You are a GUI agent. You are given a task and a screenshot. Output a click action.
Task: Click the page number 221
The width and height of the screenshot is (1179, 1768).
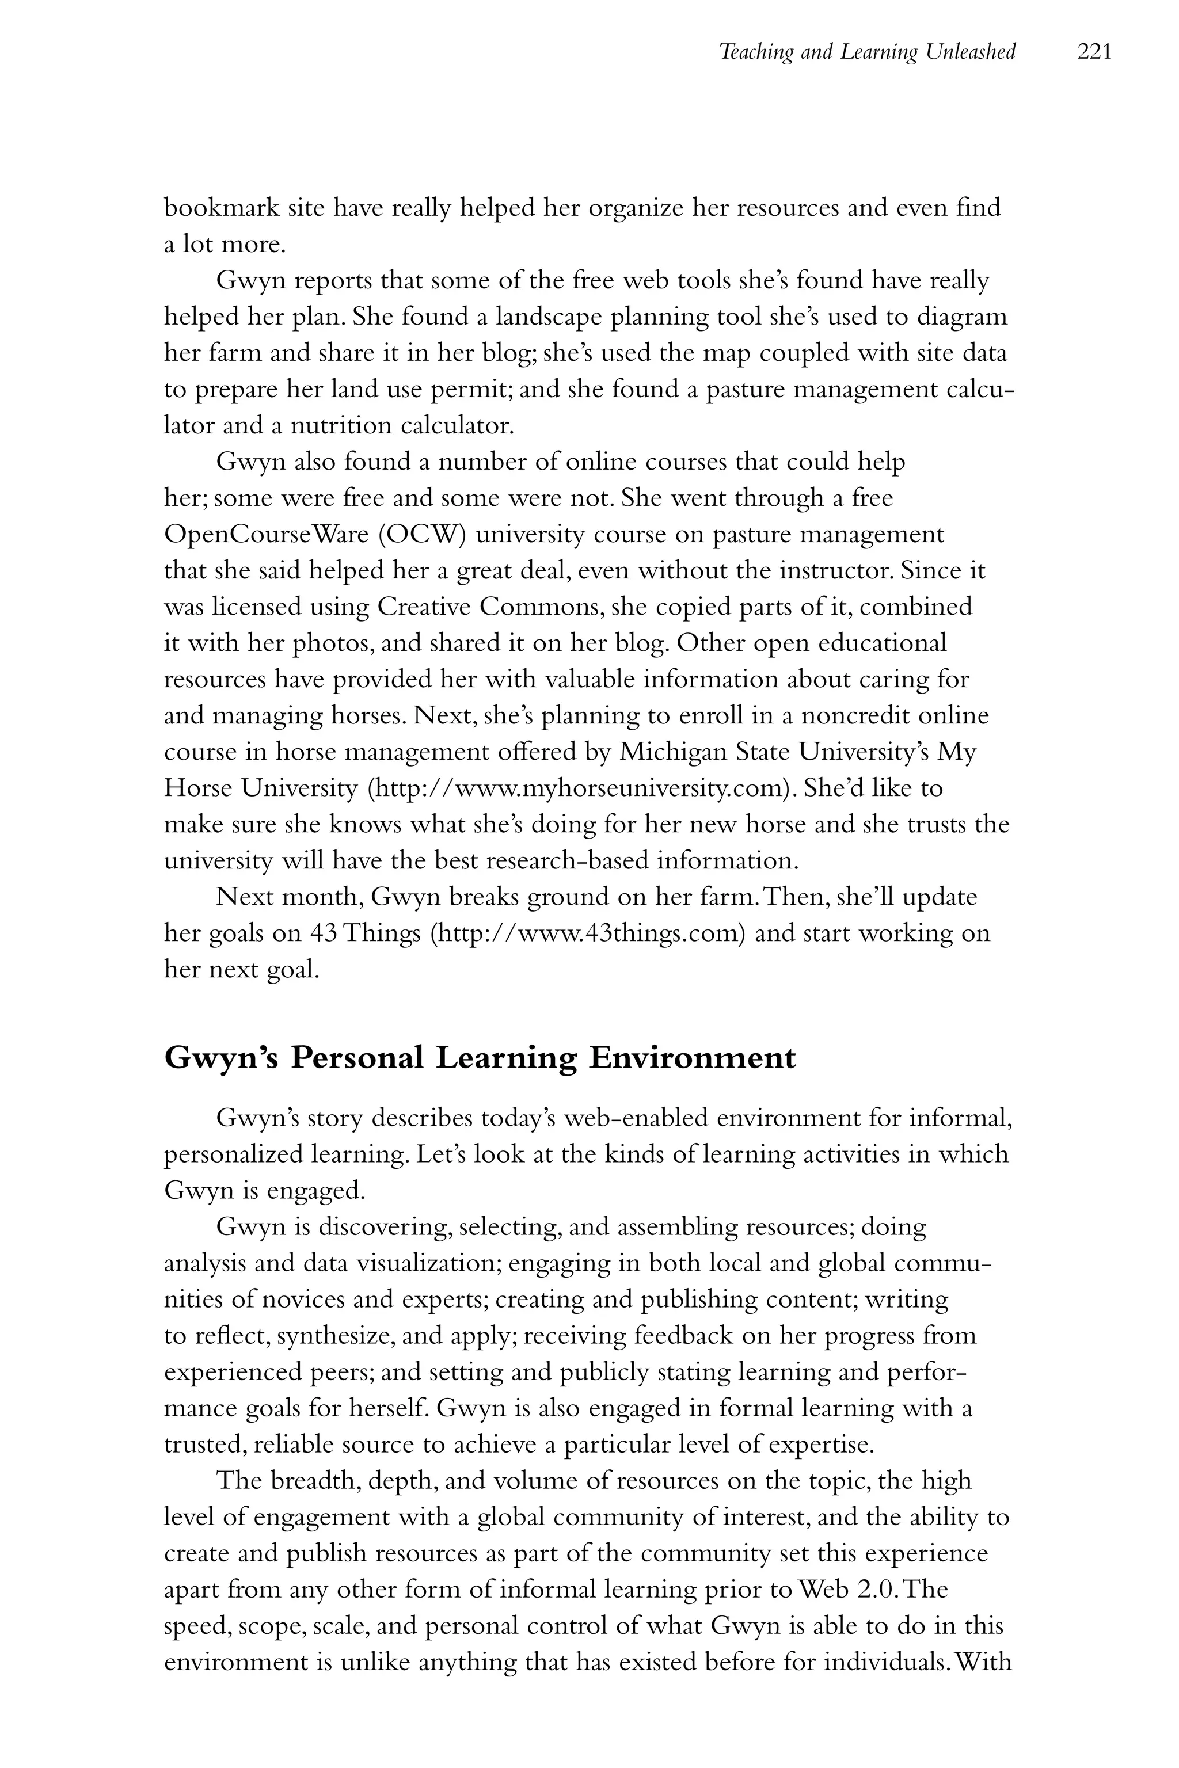(1094, 52)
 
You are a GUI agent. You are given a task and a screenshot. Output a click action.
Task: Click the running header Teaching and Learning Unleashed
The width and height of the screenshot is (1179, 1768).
(867, 52)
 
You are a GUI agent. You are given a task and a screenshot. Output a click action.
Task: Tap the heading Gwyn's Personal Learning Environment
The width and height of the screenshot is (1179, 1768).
(479, 1058)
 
